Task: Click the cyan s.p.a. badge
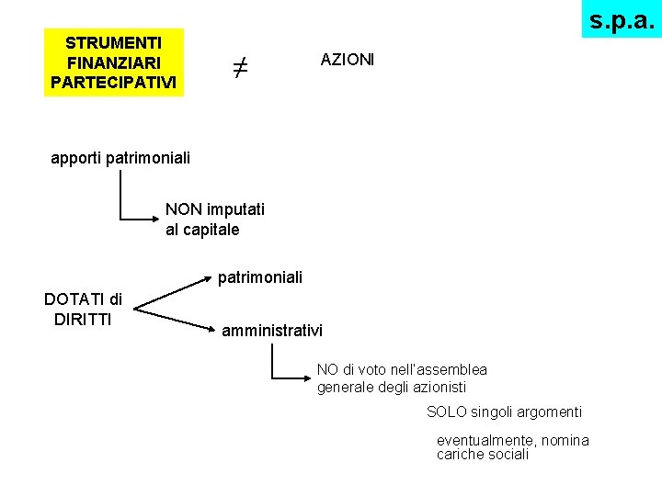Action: pos(622,18)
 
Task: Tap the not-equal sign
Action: pos(239,67)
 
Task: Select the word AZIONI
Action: pos(348,60)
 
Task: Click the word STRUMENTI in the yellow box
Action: pos(114,42)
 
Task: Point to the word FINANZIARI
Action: pos(114,62)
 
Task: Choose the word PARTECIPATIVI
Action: pos(114,82)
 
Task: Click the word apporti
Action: pos(76,158)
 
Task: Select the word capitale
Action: pos(211,230)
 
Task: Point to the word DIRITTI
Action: pos(83,319)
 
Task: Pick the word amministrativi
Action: pos(272,330)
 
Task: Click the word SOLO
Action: pos(447,412)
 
